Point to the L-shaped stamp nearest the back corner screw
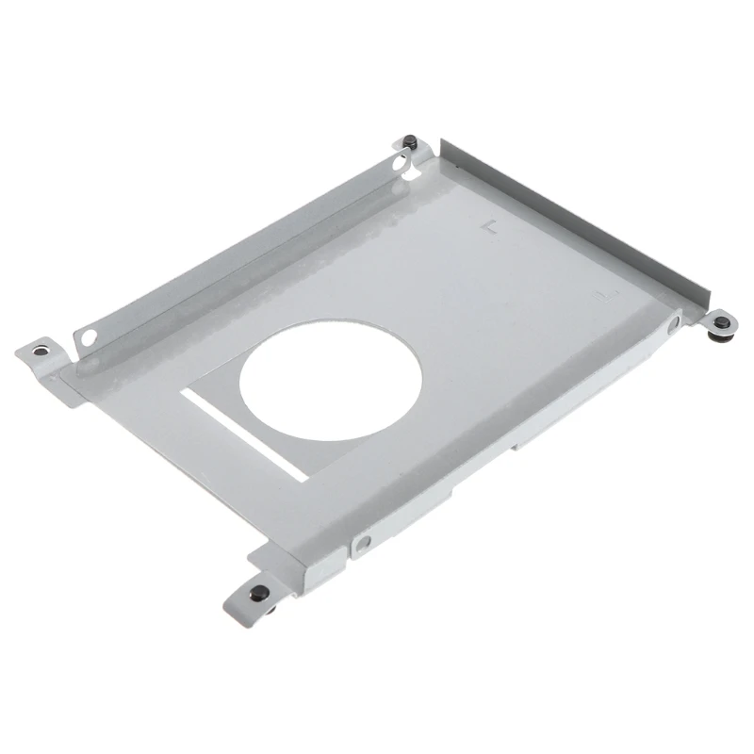click(486, 227)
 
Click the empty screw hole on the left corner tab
click(39, 352)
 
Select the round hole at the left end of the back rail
click(88, 335)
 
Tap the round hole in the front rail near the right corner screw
click(670, 323)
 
